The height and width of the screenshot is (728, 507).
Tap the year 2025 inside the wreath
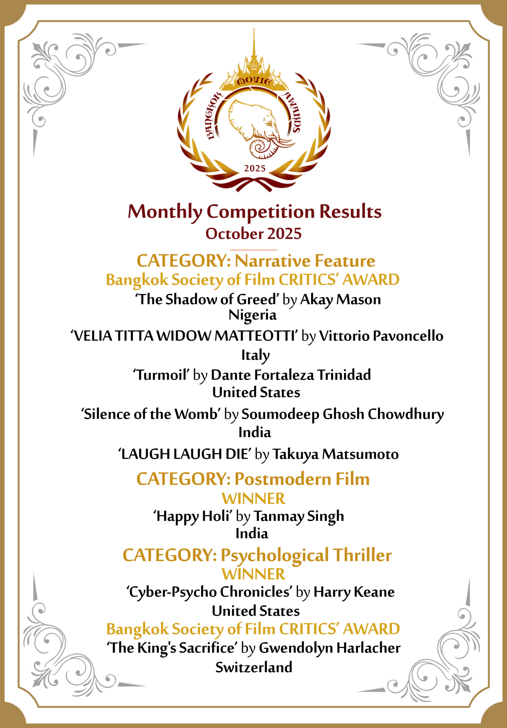pos(254,168)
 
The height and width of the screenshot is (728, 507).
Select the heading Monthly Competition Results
pos(254,212)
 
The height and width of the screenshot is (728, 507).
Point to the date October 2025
pos(253,234)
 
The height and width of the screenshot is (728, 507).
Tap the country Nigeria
pos(253,315)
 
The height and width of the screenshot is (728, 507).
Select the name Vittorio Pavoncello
pos(381,336)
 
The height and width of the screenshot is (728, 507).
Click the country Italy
pos(255,355)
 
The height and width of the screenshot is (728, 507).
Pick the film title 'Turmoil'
pos(161,375)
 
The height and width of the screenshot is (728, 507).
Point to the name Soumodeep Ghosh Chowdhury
pos(342,414)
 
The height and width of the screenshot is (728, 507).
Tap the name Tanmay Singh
pos(299,516)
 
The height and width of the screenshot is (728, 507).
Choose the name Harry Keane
pos(354,592)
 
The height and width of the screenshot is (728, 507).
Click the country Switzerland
pos(254,667)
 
